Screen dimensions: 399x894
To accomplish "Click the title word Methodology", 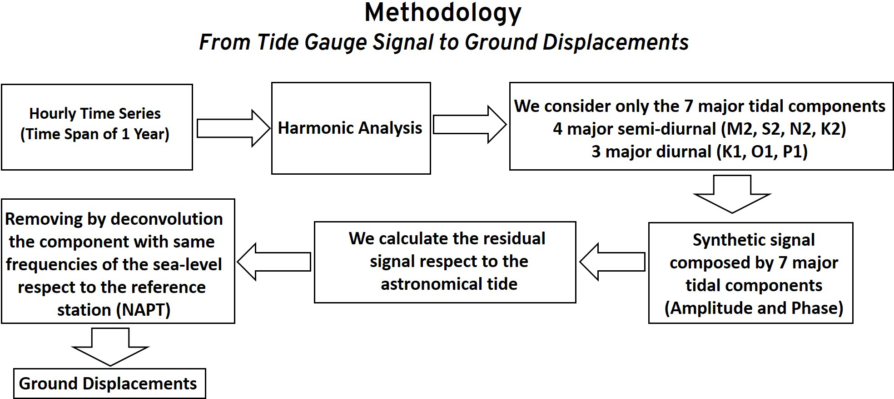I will point(443,13).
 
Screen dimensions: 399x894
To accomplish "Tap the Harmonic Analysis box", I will point(351,128).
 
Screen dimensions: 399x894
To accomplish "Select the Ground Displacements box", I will point(109,384).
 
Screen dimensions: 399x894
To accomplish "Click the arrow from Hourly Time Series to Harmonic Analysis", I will point(233,128).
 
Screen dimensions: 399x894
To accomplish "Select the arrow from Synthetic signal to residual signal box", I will point(613,262).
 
